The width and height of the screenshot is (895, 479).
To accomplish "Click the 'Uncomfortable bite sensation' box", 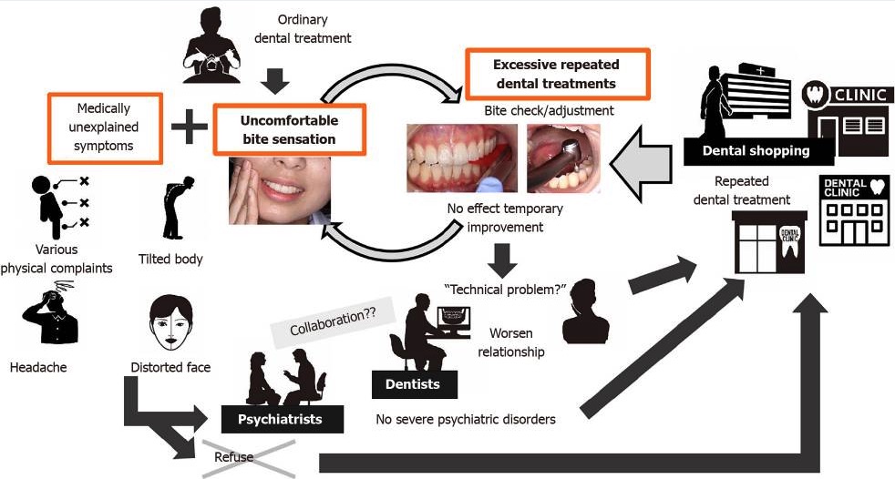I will pyautogui.click(x=289, y=129).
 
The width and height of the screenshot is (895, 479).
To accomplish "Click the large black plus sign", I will pyautogui.click(x=190, y=127).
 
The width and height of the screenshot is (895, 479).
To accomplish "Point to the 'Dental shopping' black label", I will pyautogui.click(x=756, y=151).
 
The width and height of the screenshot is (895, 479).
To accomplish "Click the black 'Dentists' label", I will pyautogui.click(x=414, y=384).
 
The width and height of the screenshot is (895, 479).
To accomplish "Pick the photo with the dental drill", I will pyautogui.click(x=563, y=158).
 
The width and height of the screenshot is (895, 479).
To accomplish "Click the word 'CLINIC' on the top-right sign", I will pyautogui.click(x=856, y=94).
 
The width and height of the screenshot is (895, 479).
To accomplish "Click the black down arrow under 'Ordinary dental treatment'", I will pyautogui.click(x=273, y=81).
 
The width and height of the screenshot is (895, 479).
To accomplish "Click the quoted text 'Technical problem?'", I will pyautogui.click(x=503, y=289).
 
